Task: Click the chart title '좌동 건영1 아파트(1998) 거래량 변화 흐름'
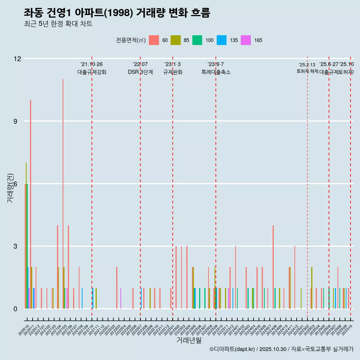coord(117,13)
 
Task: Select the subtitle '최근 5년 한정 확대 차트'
coord(58,24)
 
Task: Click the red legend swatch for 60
coord(154,40)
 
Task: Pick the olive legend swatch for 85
coord(175,40)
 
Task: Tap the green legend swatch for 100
coord(197,40)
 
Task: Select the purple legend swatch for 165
coord(246,40)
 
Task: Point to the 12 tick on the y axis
coord(17,59)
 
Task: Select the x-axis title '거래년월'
coord(189,340)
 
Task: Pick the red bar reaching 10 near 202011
coord(30,204)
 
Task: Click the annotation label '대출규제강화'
coord(92,72)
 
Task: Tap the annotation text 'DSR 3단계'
coord(140,72)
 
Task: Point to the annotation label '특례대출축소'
coord(216,72)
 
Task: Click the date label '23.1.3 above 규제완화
coord(172,64)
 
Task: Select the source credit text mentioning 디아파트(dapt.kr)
coord(281,349)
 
